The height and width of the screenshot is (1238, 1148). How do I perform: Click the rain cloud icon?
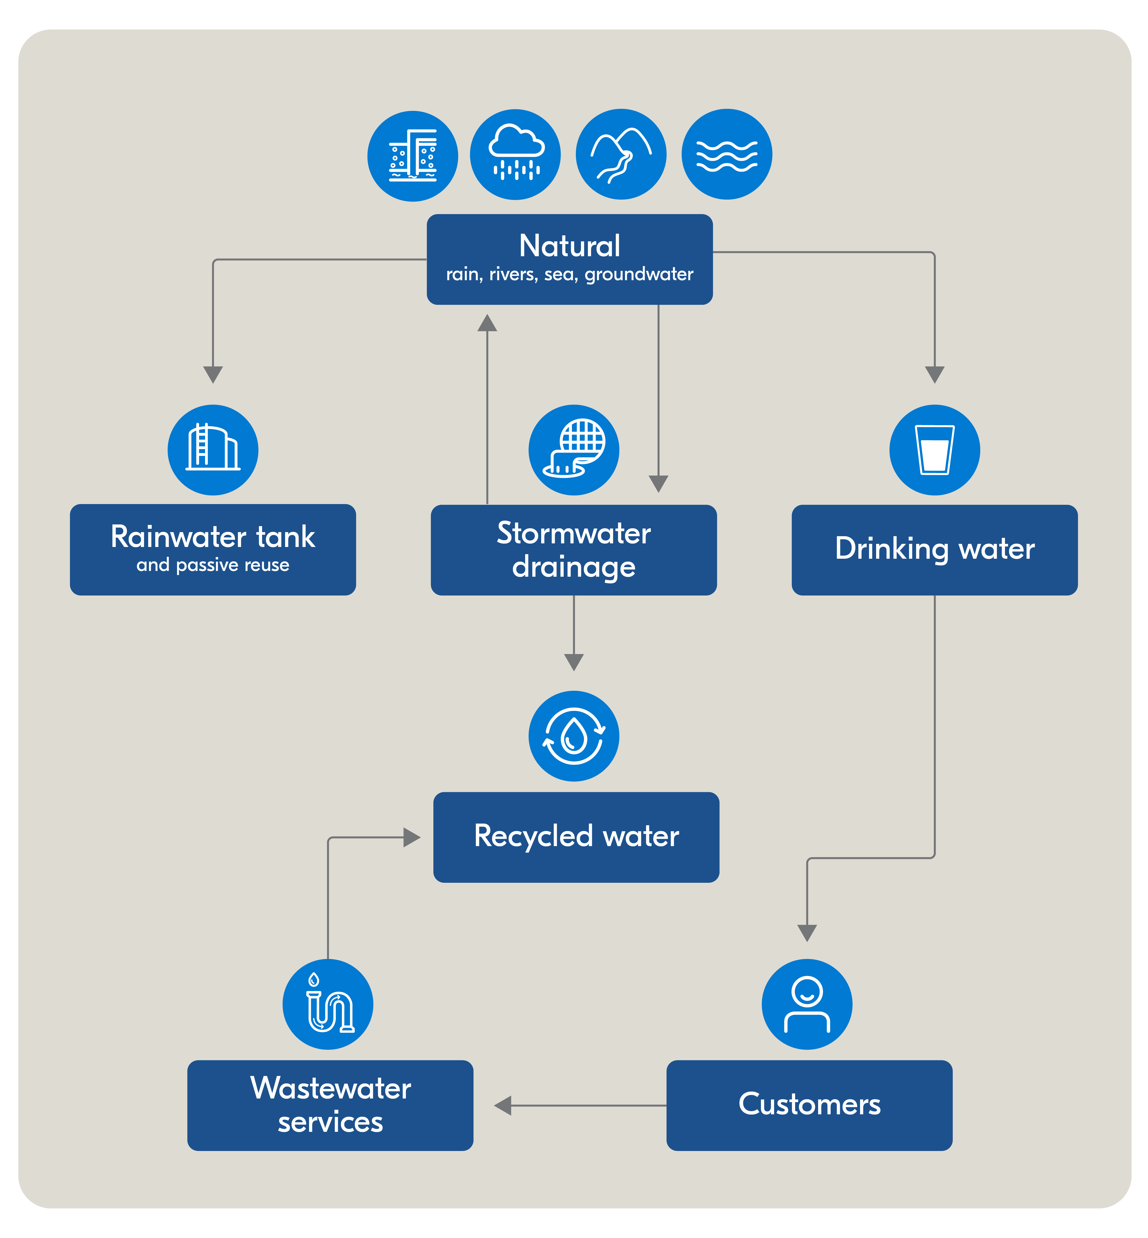515,155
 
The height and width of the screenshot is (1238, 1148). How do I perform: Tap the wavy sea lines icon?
727,155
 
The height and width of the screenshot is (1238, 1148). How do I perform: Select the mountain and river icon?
621,155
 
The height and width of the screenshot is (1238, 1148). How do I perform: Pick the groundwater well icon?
413,156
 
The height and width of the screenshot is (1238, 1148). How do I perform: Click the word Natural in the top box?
570,246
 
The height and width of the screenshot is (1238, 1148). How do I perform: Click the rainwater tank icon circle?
213,450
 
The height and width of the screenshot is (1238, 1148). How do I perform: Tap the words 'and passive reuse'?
213,565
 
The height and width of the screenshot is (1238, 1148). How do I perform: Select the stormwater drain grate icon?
574,450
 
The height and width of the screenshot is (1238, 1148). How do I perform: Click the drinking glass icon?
935,450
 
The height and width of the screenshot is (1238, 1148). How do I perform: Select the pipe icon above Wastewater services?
328,1004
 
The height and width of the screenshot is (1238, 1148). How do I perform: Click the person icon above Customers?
807,1004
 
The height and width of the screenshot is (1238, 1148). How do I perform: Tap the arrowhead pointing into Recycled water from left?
412,837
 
